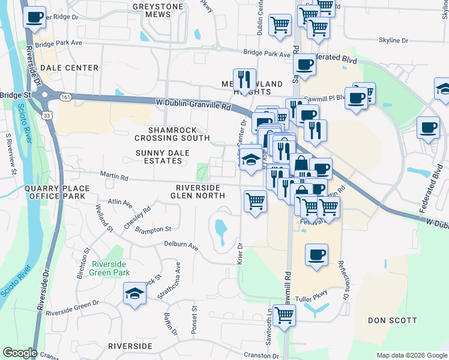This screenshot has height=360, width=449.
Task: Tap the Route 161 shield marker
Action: click(65, 97)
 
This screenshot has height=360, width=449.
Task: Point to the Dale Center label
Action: click(70, 68)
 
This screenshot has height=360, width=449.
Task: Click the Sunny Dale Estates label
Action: click(158, 157)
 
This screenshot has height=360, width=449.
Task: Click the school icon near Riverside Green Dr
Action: click(135, 294)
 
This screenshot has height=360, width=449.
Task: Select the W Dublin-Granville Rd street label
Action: click(193, 104)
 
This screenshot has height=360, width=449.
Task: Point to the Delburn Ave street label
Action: click(181, 245)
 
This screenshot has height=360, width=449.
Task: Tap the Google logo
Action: click(20, 353)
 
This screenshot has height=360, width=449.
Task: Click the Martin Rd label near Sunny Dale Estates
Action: click(114, 177)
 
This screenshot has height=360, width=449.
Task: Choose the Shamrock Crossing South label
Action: click(179, 134)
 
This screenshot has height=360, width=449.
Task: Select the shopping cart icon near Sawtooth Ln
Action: click(284, 314)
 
